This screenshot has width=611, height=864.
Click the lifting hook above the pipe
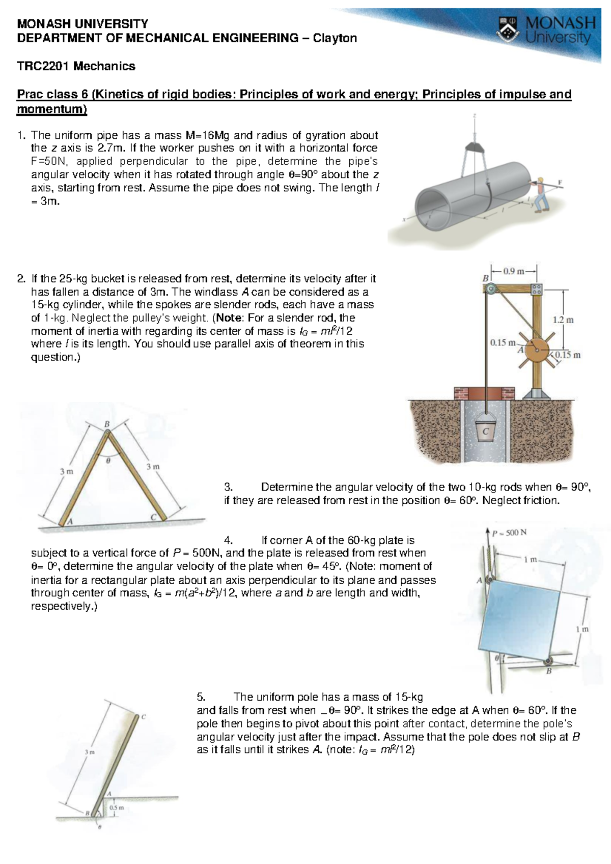(475, 147)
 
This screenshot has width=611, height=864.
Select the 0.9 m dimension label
(514, 271)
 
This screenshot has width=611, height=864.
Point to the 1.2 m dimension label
(563, 320)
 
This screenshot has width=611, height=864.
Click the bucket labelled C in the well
(485, 430)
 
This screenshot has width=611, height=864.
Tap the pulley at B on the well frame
(491, 290)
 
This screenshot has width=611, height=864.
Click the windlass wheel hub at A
(536, 351)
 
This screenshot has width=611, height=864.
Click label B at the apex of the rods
(107, 424)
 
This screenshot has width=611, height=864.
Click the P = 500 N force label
(509, 533)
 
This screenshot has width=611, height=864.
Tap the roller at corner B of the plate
(548, 661)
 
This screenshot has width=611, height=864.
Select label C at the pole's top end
(144, 717)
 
